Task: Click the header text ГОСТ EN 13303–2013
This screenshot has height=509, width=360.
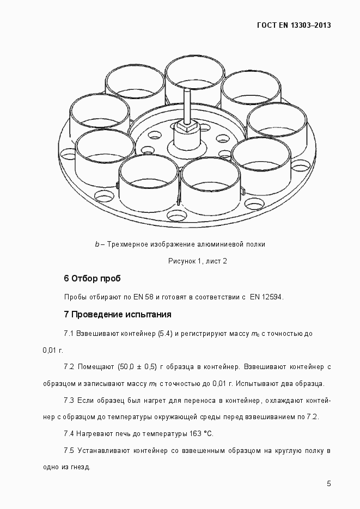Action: point(294,25)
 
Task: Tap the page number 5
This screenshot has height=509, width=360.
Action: point(329,483)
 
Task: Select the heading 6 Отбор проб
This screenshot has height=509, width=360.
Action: point(92,279)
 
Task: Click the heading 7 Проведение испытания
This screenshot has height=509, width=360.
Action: point(118,315)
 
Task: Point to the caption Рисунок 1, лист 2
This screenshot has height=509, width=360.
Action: point(197,261)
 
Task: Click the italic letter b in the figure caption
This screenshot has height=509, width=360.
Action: point(97,244)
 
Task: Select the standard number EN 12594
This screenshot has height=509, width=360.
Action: point(267,297)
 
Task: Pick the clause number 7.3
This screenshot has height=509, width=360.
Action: point(69,401)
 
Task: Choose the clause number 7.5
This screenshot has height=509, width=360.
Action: point(69,451)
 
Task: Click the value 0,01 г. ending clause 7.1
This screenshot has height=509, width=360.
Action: point(53,349)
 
